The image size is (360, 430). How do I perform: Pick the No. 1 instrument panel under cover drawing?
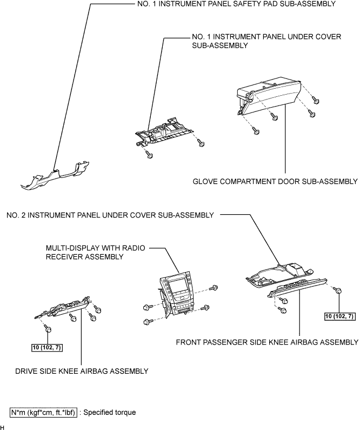pos(164,131)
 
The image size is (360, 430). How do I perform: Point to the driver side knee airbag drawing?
pos(63,308)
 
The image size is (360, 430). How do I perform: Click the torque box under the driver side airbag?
pos(47,348)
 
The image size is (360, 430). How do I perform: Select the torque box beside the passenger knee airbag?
pos(339,316)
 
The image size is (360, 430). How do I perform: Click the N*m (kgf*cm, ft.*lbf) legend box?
pos(43,413)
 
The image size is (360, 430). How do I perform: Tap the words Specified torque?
pos(110,413)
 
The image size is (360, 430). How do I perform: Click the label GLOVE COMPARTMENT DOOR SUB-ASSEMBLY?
pos(275,182)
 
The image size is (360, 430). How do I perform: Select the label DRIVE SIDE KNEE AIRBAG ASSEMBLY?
pos(82,371)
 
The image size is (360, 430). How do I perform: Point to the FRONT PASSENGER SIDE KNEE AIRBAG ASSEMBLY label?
pos(267,342)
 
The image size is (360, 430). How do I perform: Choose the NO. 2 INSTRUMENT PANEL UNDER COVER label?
pos(110,215)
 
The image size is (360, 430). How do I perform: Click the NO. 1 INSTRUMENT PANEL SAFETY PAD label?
pos(236,4)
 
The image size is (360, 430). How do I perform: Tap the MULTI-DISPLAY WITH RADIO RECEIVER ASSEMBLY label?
pos(95,252)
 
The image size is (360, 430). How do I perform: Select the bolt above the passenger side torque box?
pos(338,290)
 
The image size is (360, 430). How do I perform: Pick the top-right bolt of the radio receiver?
pos(214,288)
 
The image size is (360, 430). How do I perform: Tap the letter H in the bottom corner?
pos(2,427)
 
